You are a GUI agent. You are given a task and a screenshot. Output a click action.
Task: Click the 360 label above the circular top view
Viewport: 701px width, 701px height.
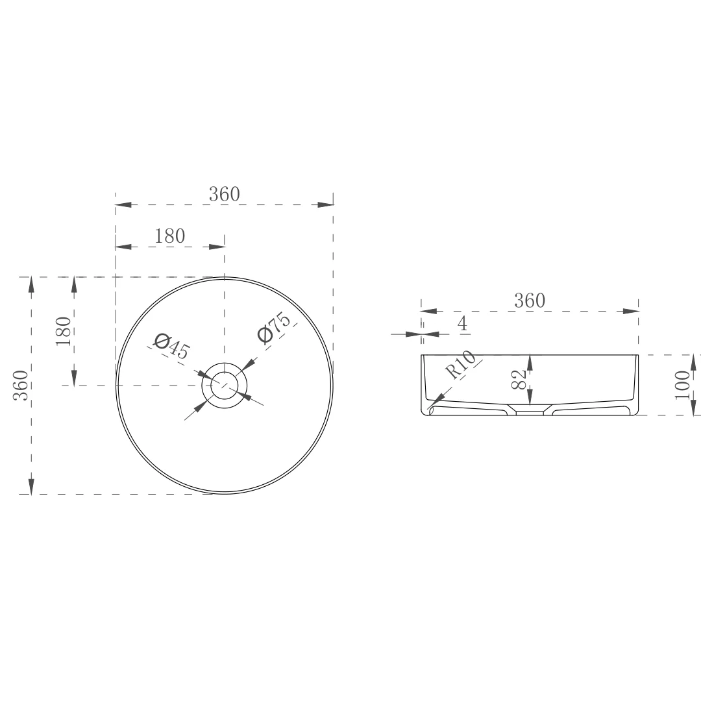point(224,194)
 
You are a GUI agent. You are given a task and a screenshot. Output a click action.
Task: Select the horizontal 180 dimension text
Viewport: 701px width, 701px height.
point(169,236)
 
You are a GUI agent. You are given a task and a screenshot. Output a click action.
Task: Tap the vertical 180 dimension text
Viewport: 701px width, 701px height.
point(63,331)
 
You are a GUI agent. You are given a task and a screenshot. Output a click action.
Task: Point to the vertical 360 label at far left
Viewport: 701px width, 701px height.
point(21,385)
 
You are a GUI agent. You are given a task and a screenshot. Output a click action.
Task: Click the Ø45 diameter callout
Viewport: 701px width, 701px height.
point(171,347)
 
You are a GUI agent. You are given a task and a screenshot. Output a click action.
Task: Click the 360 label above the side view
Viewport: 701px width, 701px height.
point(530,301)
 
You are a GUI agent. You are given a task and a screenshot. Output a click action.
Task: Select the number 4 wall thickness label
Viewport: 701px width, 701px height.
point(463,324)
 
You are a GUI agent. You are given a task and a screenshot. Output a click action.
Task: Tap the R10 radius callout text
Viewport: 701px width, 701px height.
point(461,365)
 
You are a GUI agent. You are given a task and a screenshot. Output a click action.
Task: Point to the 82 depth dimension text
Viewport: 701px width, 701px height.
point(518,379)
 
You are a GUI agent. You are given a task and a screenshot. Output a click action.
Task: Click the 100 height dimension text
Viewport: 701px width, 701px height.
point(682,384)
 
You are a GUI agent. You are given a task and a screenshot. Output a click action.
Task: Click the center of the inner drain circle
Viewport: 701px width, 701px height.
point(225,386)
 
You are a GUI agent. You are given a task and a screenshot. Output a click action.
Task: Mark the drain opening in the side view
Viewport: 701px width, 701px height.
point(530,410)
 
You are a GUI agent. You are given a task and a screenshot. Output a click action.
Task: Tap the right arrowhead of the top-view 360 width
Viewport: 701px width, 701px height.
point(326,205)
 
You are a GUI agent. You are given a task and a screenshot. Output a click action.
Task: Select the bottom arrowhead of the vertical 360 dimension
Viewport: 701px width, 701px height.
point(31,486)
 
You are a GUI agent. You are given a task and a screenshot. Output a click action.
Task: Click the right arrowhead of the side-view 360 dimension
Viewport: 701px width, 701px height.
point(631,311)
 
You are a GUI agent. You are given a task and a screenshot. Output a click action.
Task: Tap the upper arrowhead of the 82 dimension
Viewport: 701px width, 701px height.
point(530,363)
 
